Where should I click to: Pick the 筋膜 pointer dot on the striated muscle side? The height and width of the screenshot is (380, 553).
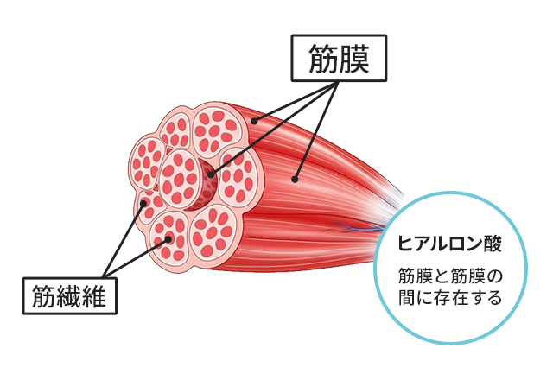295,180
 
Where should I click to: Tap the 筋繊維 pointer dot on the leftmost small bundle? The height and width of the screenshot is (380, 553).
143,204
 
